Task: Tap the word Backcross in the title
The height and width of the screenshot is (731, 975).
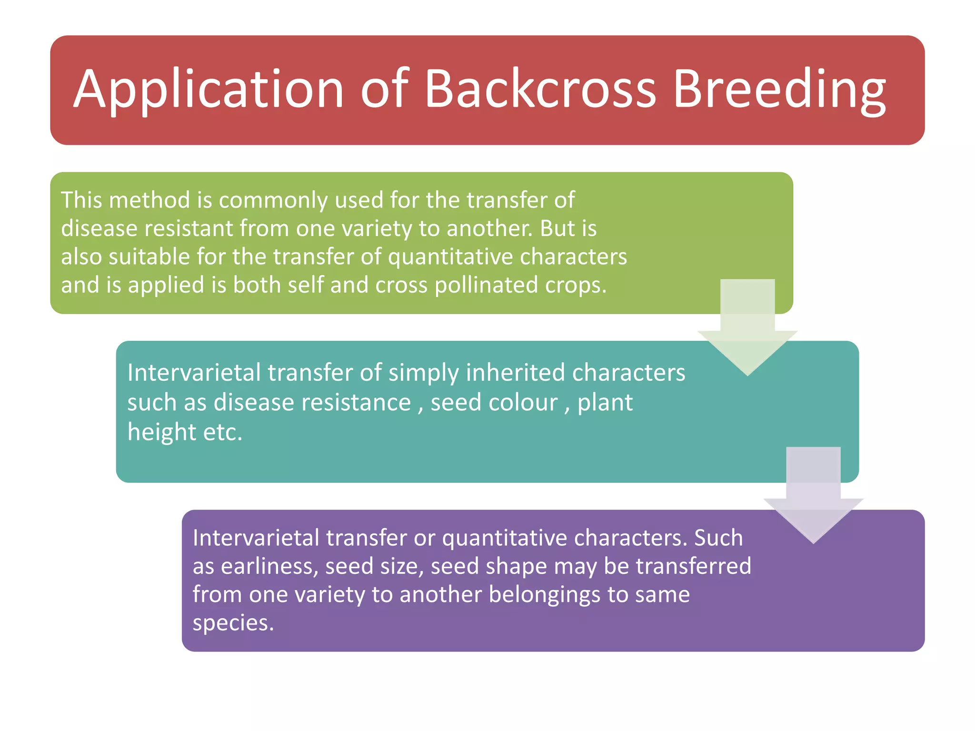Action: click(x=540, y=89)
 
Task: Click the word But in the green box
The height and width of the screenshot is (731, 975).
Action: click(x=557, y=228)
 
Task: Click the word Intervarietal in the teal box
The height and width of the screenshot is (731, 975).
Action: click(x=194, y=373)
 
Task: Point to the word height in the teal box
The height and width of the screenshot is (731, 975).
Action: click(x=161, y=432)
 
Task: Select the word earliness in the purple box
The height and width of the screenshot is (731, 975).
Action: click(x=269, y=566)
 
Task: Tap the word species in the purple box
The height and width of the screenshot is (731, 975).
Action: click(x=233, y=623)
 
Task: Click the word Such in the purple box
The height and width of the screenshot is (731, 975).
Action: click(x=718, y=538)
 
